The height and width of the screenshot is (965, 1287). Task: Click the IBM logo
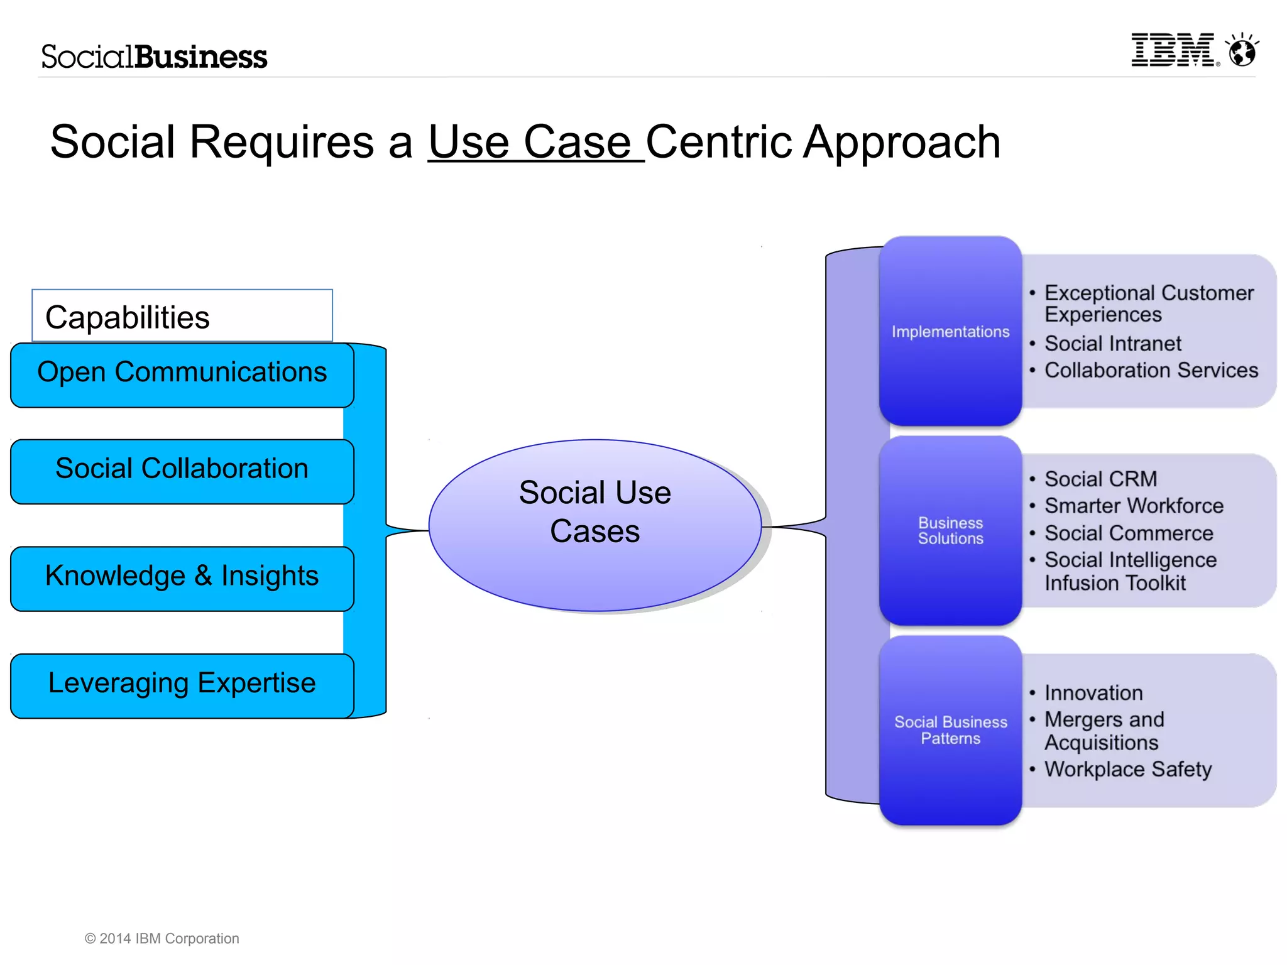tap(1173, 50)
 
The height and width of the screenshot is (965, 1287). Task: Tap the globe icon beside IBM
tap(1242, 50)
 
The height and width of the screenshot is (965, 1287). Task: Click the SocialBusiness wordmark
tap(155, 57)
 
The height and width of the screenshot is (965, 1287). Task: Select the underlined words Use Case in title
tap(535, 142)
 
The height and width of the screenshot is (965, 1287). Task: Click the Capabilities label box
tap(182, 316)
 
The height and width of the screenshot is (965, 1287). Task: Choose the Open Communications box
tap(182, 374)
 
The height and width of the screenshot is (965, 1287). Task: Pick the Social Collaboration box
tap(182, 471)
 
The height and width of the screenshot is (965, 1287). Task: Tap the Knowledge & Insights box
tap(182, 578)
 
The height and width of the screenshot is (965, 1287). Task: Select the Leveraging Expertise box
tap(182, 685)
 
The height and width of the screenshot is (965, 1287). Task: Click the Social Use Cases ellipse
tap(594, 525)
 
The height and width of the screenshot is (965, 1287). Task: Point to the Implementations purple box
tap(950, 331)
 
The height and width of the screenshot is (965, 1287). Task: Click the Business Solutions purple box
tap(950, 531)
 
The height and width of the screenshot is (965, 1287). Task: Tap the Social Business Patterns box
tap(950, 730)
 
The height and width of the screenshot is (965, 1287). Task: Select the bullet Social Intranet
tap(1112, 344)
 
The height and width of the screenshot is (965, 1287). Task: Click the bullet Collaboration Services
tap(1151, 371)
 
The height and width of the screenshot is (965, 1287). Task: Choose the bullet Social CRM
tap(1100, 479)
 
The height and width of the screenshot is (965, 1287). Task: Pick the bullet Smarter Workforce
tap(1134, 506)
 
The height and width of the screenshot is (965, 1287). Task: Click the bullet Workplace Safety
tap(1127, 769)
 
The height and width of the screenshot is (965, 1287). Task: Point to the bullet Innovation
tap(1093, 693)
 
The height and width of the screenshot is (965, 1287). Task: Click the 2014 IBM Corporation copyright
tap(162, 939)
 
